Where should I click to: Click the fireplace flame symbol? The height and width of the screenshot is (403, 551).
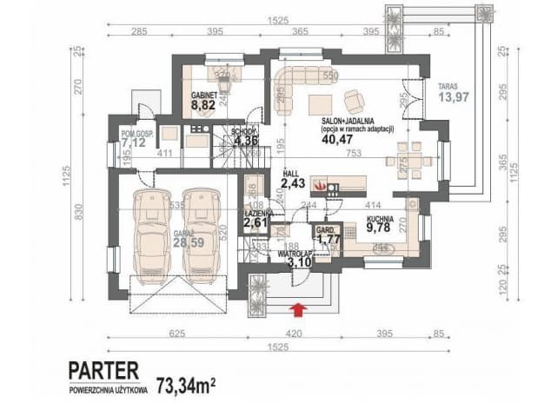[321, 185]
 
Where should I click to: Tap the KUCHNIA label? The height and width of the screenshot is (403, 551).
[381, 220]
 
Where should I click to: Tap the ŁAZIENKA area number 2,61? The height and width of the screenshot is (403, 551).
[257, 222]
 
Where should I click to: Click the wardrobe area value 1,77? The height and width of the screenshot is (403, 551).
[329, 238]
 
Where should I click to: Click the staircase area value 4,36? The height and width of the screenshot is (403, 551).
[242, 142]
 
